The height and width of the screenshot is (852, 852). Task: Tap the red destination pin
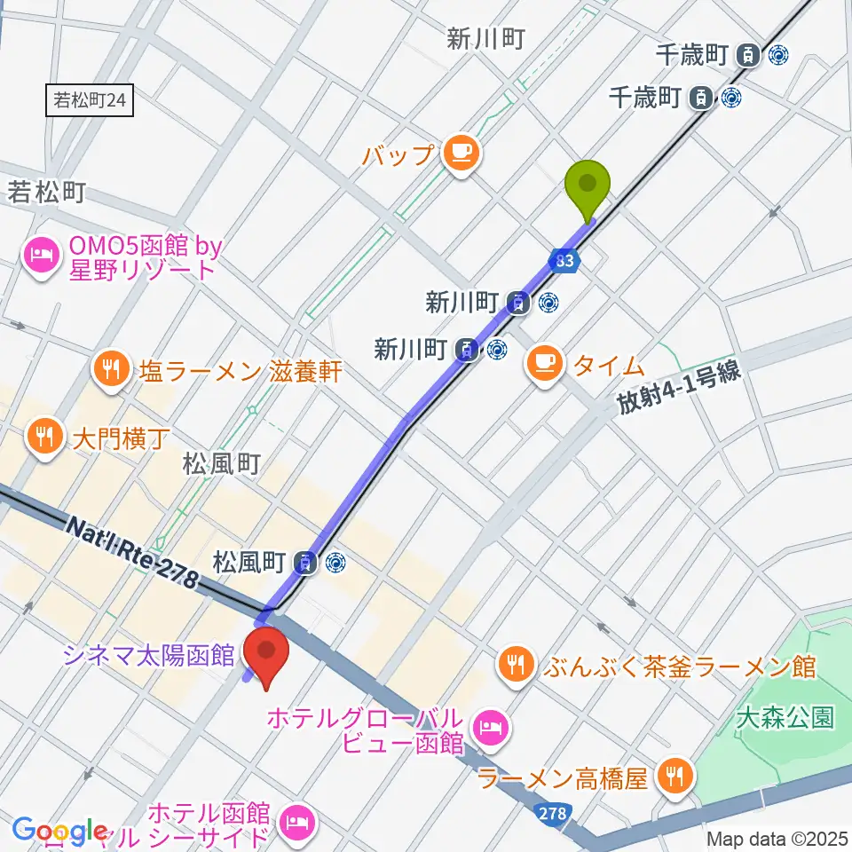click(266, 655)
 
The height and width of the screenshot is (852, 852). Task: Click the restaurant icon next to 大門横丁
click(42, 435)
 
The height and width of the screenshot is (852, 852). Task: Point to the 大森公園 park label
click(785, 717)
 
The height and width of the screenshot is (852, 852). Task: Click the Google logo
click(59, 831)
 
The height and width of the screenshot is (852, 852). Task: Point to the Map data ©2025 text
click(777, 839)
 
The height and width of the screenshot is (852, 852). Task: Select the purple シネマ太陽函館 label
click(148, 655)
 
